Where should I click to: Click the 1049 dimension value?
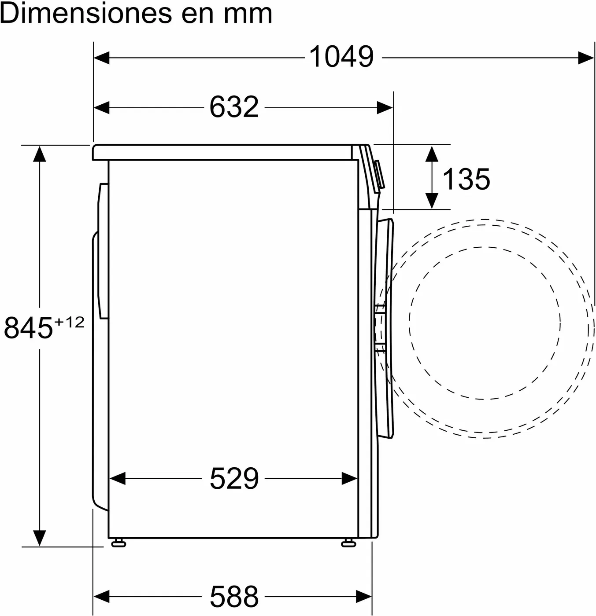[341, 57]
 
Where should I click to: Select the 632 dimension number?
[234, 107]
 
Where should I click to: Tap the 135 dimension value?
[466, 179]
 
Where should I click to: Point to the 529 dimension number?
[234, 478]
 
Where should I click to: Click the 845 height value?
[28, 328]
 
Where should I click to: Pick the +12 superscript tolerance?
[70, 323]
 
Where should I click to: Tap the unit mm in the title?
[248, 16]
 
